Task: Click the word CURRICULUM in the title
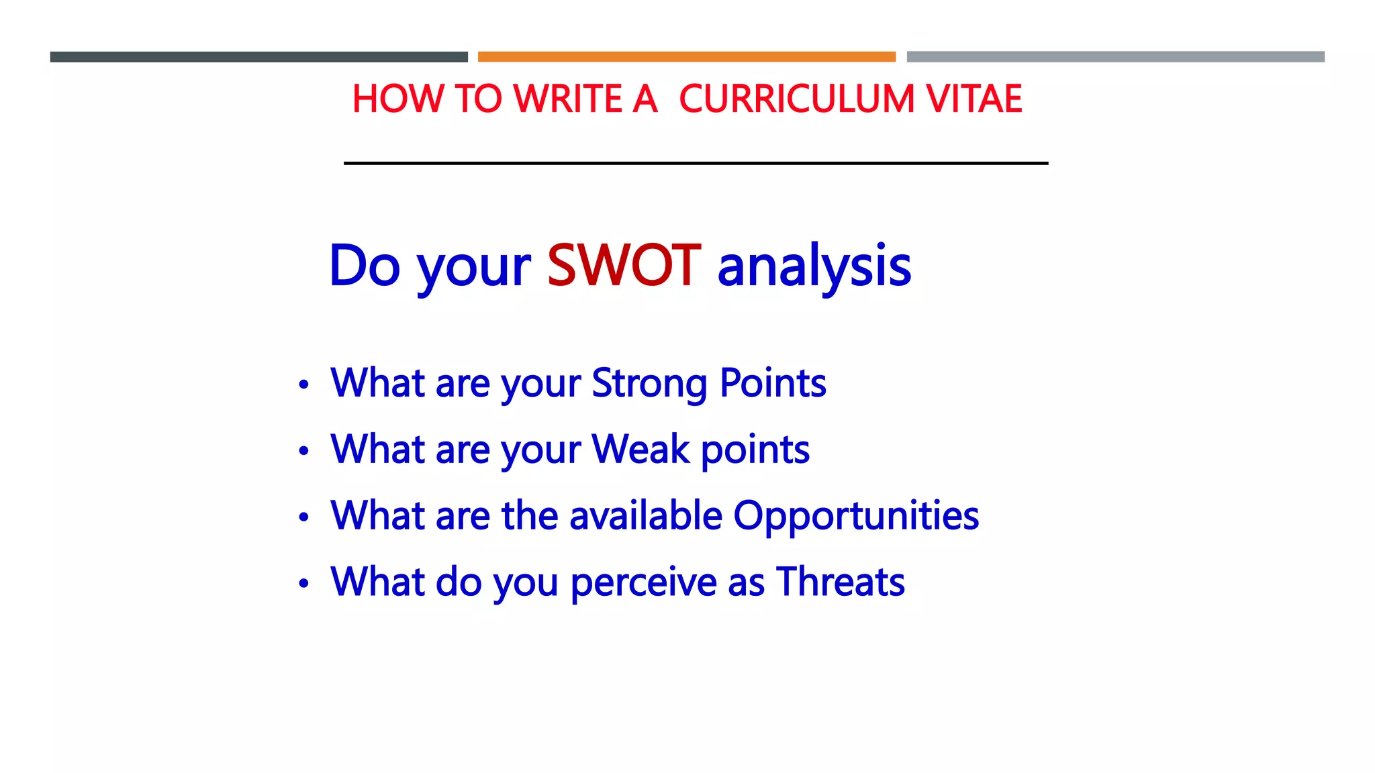796,99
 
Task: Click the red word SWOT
624,266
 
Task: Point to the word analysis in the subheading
814,267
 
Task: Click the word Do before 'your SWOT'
365,266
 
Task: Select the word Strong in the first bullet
649,384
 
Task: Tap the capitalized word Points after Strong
773,383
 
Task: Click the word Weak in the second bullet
641,449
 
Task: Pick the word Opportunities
856,516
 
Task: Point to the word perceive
644,582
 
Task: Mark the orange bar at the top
686,57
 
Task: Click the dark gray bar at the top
258,57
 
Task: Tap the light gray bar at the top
1115,57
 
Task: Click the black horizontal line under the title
696,163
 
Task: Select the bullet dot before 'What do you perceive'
304,583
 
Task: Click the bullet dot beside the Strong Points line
304,384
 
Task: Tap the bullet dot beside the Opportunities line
304,517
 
